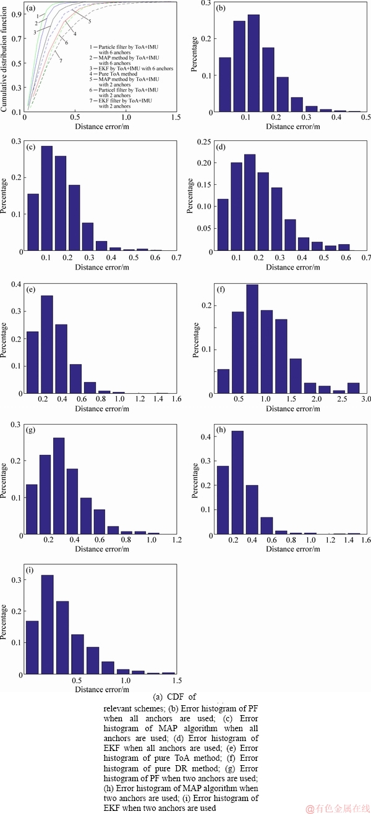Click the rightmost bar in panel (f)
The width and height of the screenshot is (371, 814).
(x=353, y=388)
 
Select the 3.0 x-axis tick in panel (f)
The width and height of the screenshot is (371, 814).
(x=365, y=401)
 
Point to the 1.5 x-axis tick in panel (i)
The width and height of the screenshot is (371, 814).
(x=177, y=680)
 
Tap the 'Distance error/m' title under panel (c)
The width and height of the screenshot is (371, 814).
(x=102, y=267)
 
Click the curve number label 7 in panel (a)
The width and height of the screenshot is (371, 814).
(x=61, y=61)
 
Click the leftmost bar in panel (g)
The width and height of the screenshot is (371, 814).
(x=32, y=509)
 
